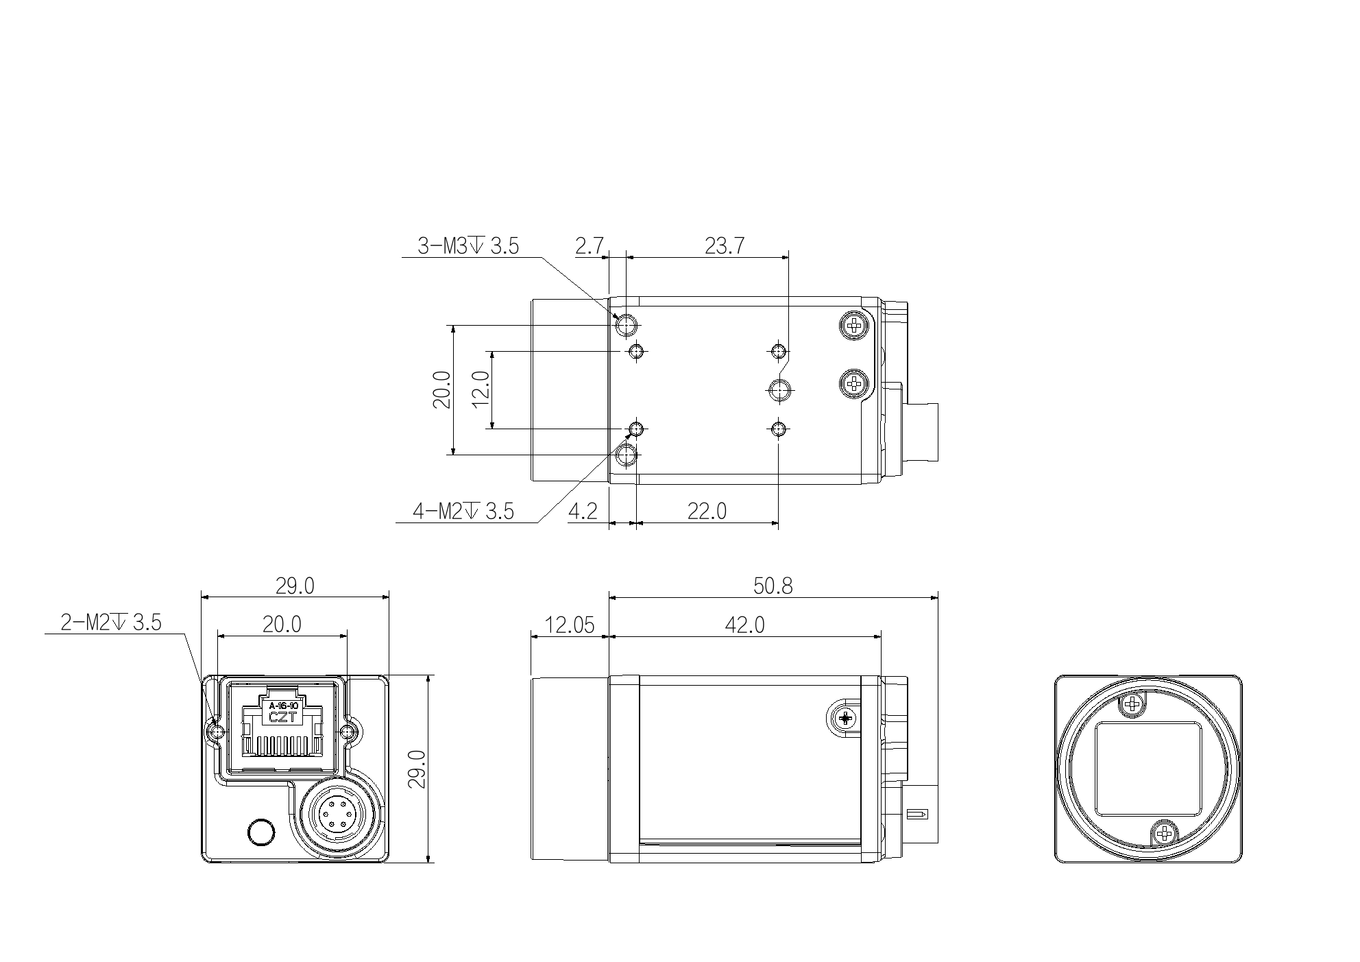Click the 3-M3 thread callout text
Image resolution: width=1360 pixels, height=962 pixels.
click(x=468, y=246)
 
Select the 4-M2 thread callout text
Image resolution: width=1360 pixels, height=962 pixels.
click(x=463, y=511)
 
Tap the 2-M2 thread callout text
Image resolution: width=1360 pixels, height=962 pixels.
click(x=111, y=623)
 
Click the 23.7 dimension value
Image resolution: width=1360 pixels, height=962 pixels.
click(x=725, y=246)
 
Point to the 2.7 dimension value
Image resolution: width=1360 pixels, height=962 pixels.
click(x=589, y=246)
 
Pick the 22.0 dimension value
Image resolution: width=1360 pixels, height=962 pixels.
click(x=707, y=511)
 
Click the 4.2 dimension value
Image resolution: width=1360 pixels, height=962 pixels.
click(x=583, y=511)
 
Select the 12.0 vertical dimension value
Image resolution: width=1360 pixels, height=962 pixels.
click(x=481, y=388)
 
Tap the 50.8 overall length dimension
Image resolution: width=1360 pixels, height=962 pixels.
click(x=773, y=586)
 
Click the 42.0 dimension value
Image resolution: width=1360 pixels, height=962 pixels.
click(x=744, y=625)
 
